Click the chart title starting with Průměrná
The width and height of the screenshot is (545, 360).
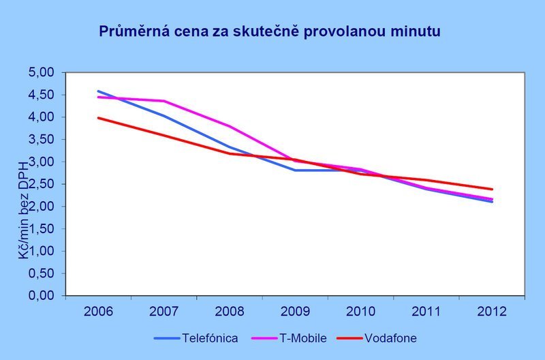[x=270, y=31]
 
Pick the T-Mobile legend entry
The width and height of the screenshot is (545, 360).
[x=304, y=337]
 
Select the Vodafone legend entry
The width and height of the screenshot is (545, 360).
[x=390, y=337]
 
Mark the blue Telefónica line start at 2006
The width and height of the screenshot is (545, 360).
[x=98, y=91]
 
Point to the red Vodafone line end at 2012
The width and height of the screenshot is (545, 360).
[x=490, y=189]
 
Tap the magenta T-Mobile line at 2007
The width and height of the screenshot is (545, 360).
[x=163, y=101]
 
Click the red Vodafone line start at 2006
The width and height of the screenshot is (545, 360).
[x=98, y=117]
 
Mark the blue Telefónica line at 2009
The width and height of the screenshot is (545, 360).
[x=294, y=170]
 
